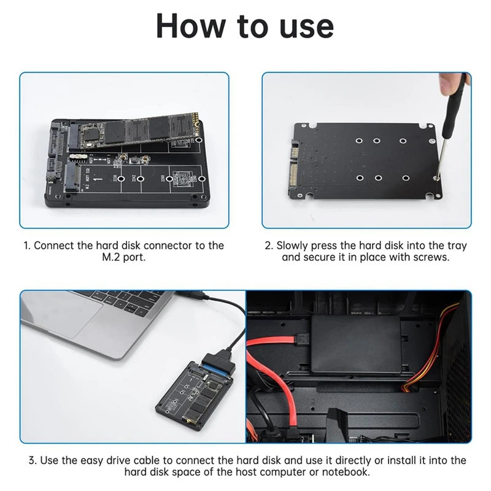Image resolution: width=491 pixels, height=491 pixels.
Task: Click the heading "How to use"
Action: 245,26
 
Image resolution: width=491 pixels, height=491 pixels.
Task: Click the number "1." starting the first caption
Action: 27,245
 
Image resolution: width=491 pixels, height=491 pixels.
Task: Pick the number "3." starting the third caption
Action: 34,460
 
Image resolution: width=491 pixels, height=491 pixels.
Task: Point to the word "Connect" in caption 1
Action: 55,245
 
